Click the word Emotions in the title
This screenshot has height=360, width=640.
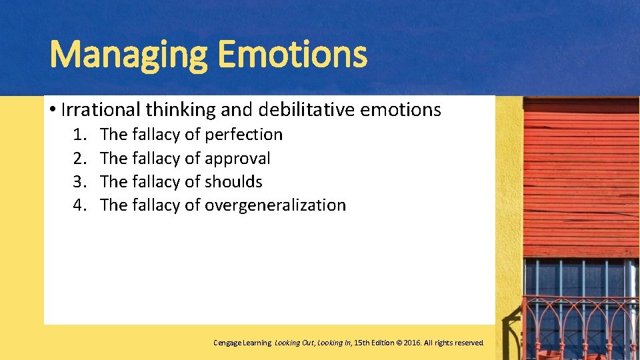click(292, 55)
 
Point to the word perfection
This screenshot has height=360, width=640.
click(243, 135)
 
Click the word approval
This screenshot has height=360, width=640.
click(237, 159)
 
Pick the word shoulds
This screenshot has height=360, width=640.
click(233, 182)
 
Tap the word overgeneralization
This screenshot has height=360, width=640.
click(275, 205)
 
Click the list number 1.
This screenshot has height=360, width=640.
click(80, 135)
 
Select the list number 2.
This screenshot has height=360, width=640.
click(80, 159)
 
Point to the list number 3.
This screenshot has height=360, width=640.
click(80, 182)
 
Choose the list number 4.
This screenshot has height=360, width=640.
click(80, 205)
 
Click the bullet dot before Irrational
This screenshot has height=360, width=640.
click(53, 110)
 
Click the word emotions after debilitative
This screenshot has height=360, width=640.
click(400, 109)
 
